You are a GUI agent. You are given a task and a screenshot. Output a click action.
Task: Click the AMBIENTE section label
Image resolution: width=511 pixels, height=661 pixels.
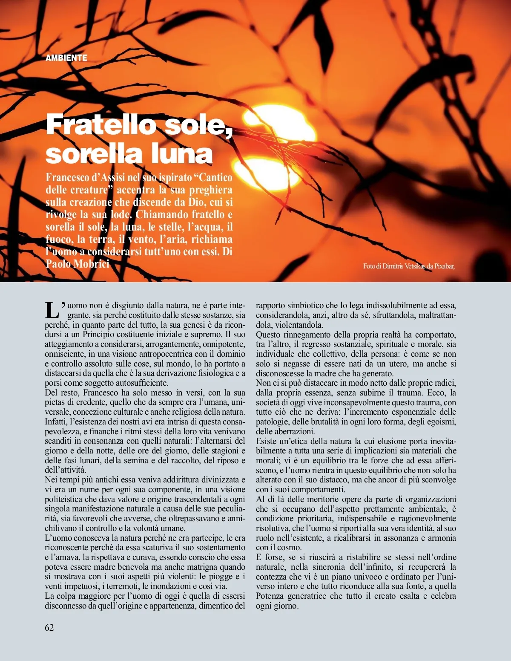pyautogui.click(x=66, y=58)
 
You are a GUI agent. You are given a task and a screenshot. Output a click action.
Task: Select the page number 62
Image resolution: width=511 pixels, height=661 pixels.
pyautogui.click(x=49, y=627)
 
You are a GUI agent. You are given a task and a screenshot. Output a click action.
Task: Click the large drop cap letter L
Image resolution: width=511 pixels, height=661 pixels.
pyautogui.click(x=52, y=310)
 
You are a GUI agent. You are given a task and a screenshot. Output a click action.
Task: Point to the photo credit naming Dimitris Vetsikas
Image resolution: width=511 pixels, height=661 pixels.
pyautogui.click(x=409, y=266)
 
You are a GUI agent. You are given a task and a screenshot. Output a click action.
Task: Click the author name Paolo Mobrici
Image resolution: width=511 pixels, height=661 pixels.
pyautogui.click(x=78, y=264)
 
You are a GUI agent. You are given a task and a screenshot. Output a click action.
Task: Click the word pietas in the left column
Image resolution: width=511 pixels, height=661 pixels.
pyautogui.click(x=56, y=402)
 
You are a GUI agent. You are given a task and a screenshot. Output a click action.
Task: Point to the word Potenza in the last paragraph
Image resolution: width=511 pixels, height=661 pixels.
pyautogui.click(x=270, y=596)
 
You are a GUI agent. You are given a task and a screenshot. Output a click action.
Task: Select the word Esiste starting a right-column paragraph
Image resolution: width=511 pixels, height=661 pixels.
pyautogui.click(x=266, y=441)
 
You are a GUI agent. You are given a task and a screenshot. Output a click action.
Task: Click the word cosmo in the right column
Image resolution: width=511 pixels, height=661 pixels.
pyautogui.click(x=290, y=547)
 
